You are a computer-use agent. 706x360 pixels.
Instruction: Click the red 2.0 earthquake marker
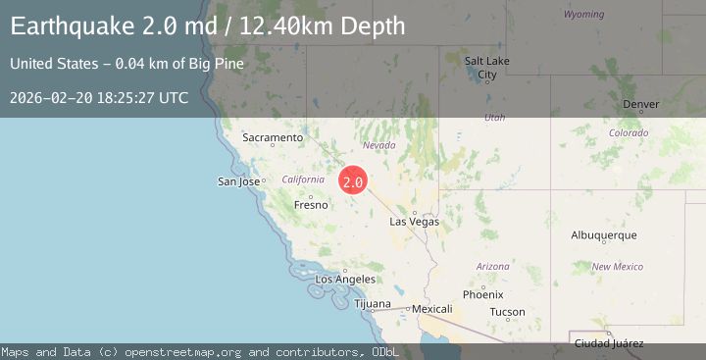pyautogui.click(x=353, y=181)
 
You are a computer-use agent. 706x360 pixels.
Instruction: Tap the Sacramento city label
pyautogui.click(x=273, y=138)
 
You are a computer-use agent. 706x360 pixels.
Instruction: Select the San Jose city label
pyautogui.click(x=238, y=181)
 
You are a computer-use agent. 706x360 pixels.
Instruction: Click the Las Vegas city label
pyautogui.click(x=415, y=223)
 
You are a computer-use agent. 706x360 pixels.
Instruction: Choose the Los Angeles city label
pyautogui.click(x=345, y=280)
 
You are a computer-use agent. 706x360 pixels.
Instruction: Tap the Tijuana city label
pyautogui.click(x=372, y=304)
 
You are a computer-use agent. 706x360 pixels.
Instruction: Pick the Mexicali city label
pyautogui.click(x=431, y=309)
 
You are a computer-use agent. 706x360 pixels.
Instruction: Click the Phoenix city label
pyautogui.click(x=482, y=294)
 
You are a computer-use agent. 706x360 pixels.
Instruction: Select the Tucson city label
pyautogui.click(x=507, y=312)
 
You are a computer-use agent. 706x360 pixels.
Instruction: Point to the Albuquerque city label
pyautogui.click(x=604, y=235)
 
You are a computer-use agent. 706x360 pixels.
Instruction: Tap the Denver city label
pyautogui.click(x=641, y=105)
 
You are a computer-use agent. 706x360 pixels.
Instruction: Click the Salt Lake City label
pyautogui.click(x=485, y=68)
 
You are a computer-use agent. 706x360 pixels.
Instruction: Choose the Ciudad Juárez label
pyautogui.click(x=609, y=342)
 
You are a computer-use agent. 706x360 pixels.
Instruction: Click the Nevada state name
pyautogui.click(x=379, y=145)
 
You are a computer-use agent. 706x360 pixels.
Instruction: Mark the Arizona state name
pyautogui.click(x=492, y=267)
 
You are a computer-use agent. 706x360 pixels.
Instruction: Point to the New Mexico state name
pyautogui.click(x=617, y=267)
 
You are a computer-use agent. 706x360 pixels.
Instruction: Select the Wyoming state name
pyautogui.click(x=584, y=15)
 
